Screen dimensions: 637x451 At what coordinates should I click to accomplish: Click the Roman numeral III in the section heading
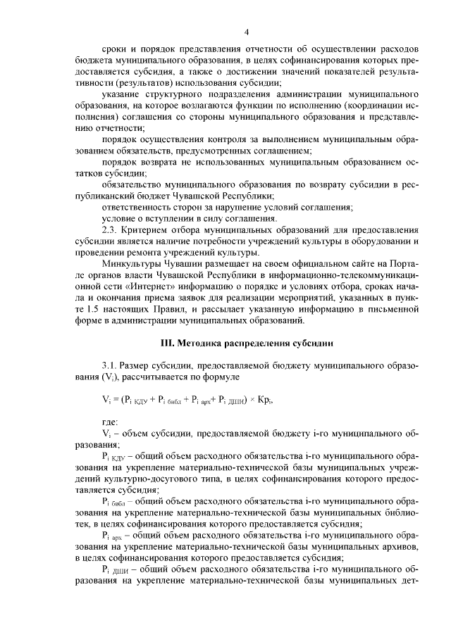(167, 343)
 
